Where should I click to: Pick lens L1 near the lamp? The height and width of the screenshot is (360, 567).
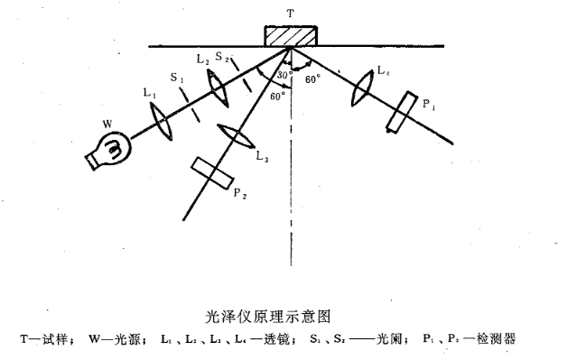click(160, 121)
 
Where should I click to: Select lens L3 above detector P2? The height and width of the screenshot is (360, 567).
click(237, 136)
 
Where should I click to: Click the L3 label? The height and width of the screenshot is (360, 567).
click(261, 157)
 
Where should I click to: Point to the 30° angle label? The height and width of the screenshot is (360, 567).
click(283, 74)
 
